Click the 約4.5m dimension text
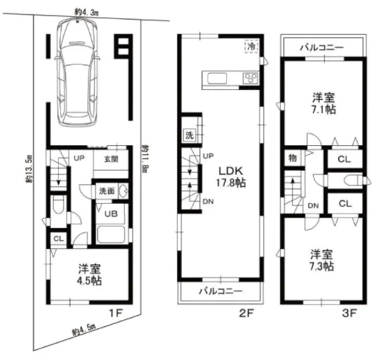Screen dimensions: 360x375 coord(84,331)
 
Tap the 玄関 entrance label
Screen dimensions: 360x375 coord(111,158)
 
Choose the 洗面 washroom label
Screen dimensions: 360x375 coord(107,191)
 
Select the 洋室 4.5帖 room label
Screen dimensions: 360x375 coord(90,274)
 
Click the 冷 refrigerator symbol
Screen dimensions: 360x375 coord(251,46)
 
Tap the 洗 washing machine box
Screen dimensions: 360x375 coord(189,135)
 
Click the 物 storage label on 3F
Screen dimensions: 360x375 coord(293,156)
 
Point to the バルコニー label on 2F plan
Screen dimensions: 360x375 coord(221,292)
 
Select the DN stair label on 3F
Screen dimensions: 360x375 coord(314,206)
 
